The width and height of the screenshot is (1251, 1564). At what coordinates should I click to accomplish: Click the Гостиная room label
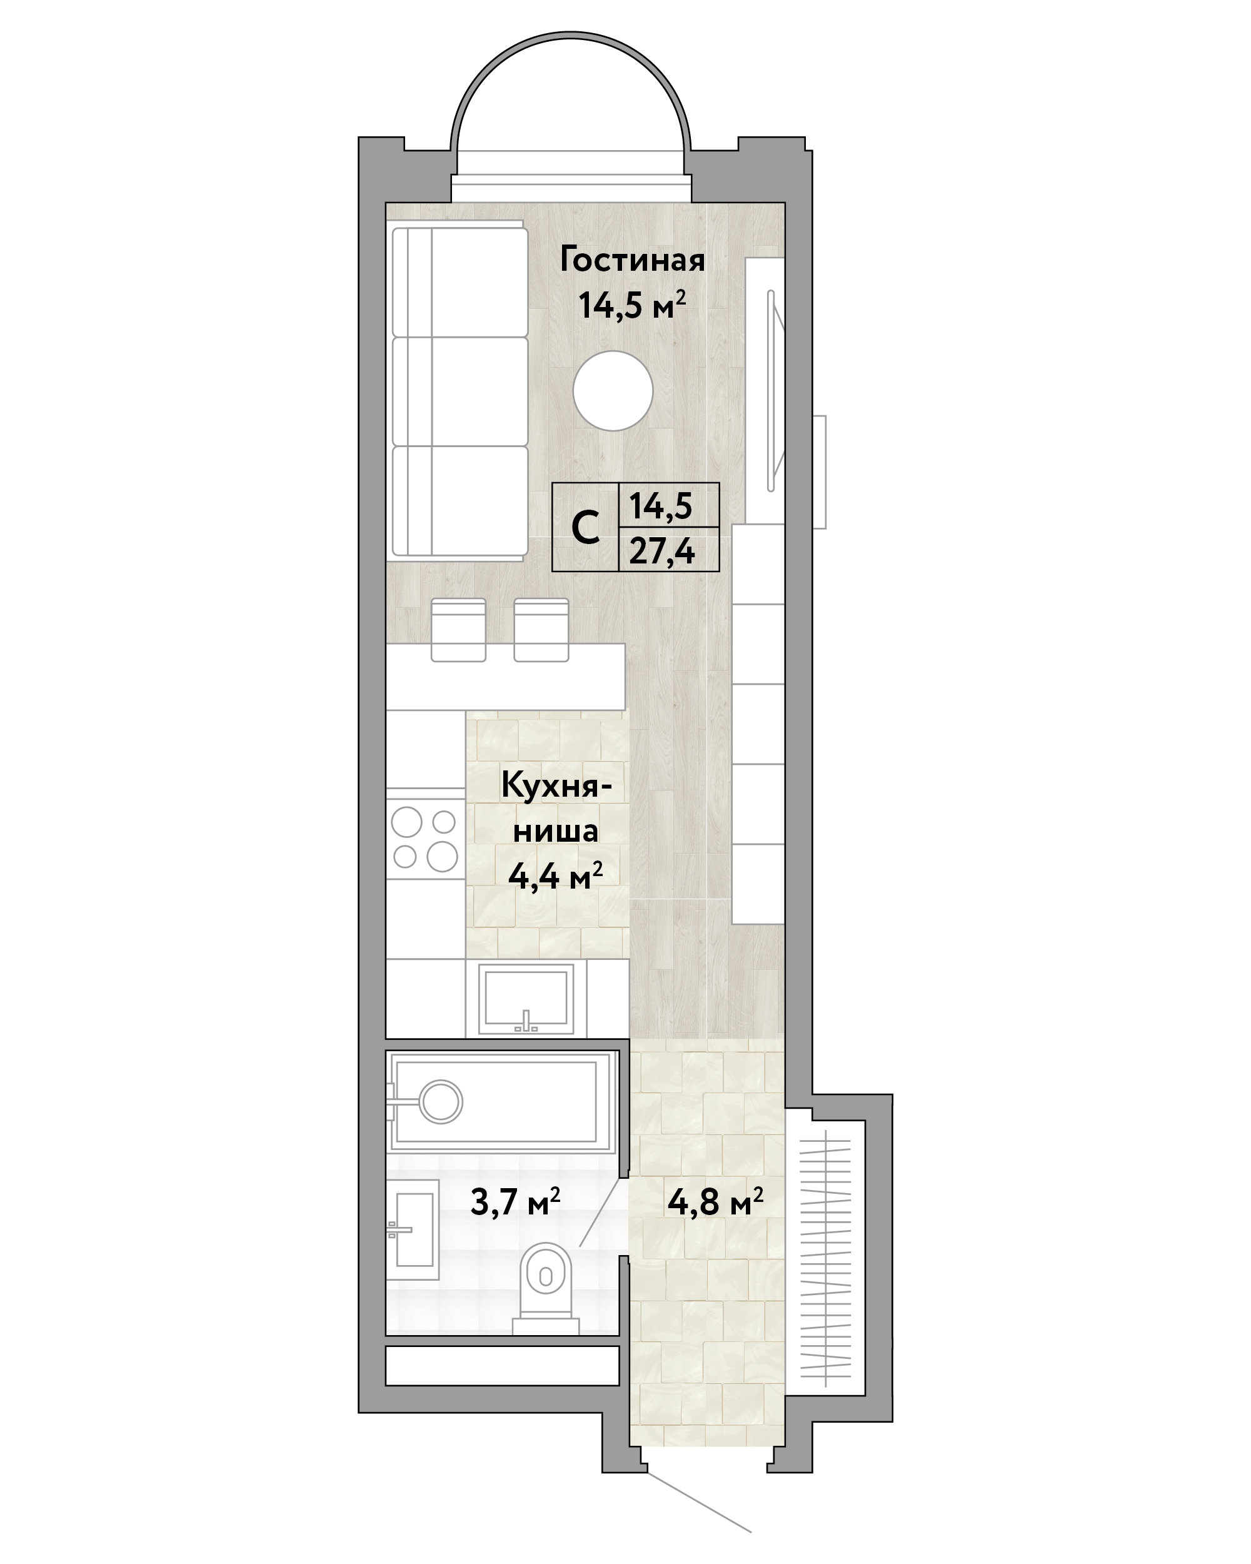[631, 260]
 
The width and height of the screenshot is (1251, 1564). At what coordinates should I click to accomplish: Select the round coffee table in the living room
[613, 391]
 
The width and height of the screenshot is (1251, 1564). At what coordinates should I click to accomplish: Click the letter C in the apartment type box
[585, 528]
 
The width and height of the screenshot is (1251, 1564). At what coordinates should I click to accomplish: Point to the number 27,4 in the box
[662, 552]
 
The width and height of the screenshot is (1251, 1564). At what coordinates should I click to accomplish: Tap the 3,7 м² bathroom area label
[516, 1202]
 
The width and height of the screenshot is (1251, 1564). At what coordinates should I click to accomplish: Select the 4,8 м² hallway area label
[716, 1202]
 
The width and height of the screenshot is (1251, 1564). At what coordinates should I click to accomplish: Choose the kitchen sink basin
[526, 998]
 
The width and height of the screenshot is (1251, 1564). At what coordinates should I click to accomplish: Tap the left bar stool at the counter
[458, 630]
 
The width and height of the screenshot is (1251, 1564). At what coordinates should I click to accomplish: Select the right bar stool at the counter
[541, 630]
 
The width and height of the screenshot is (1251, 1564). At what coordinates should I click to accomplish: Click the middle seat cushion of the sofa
[460, 391]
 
